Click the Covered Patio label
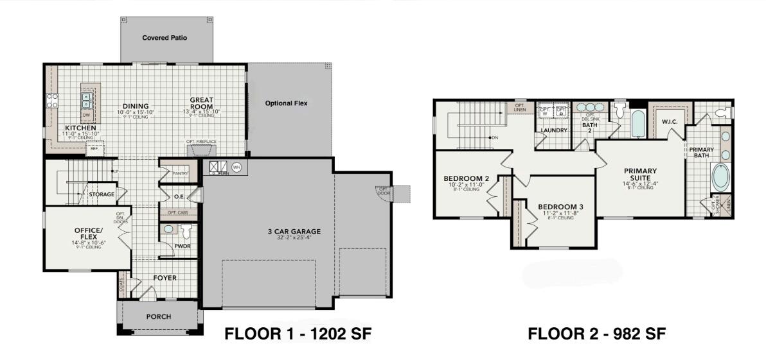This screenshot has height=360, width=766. [165, 38]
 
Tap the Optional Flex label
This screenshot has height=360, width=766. [289, 103]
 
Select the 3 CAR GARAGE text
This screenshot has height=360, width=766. [294, 232]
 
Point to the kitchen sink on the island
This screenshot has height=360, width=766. [87, 99]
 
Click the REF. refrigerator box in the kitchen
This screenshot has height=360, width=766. [94, 148]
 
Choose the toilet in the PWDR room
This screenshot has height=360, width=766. [187, 231]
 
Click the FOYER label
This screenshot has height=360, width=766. [165, 278]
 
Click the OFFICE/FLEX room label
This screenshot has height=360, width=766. [88, 234]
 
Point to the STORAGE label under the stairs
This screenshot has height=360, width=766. [102, 194]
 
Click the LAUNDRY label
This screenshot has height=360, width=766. [553, 130]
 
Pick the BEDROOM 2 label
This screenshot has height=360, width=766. [467, 178]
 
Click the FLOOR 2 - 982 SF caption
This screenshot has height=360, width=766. [596, 333]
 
